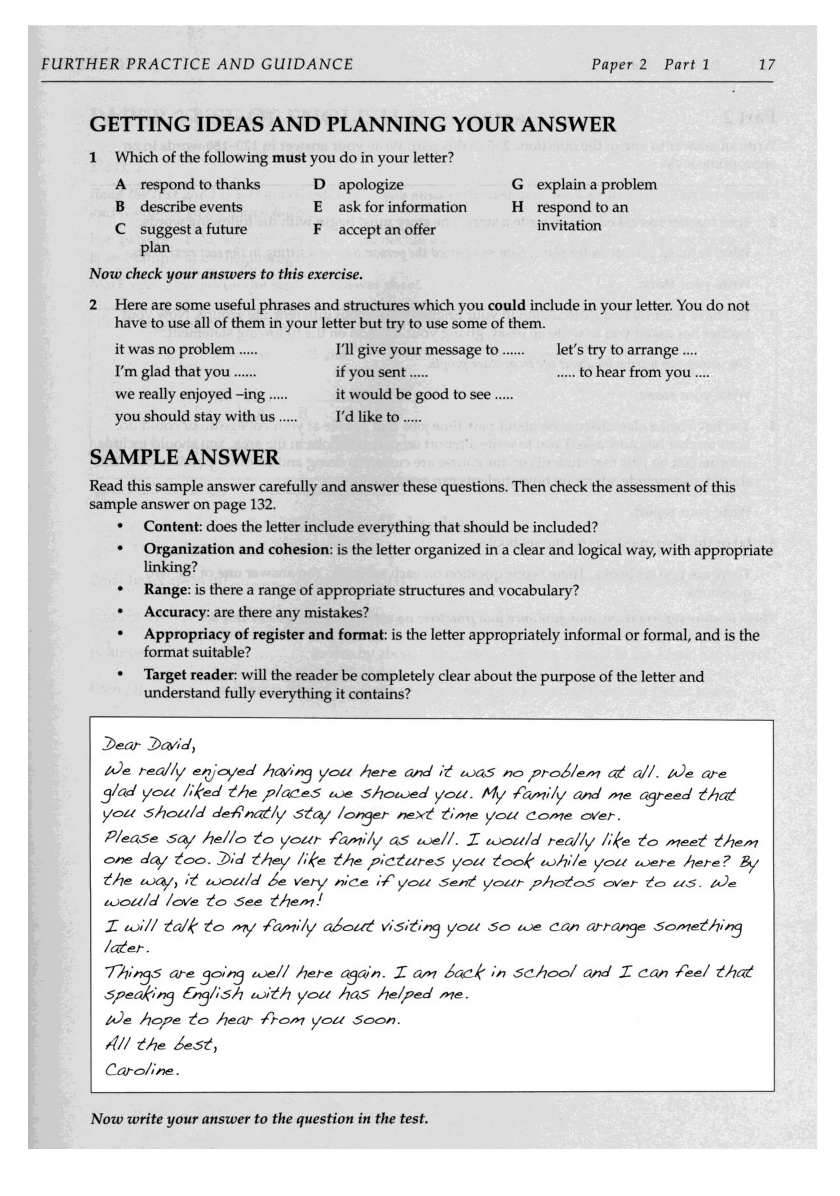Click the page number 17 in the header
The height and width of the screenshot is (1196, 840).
pos(766,65)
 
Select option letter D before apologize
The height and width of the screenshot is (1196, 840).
pos(319,185)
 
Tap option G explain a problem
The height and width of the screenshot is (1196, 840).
pos(584,185)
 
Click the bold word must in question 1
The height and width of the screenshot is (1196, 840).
pos(289,157)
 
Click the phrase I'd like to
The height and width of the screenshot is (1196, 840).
pos(378,417)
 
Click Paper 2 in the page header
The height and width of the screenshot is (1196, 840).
pos(618,65)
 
